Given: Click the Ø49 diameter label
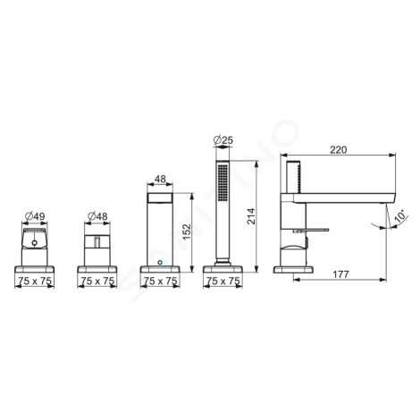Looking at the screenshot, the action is tap(35, 216).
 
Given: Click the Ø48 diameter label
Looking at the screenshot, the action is tap(97, 216).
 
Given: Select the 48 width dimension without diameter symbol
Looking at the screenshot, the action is tap(160, 179).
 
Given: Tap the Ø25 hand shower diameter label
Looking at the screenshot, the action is tap(223, 140).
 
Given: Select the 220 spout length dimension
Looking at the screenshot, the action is tap(339, 150).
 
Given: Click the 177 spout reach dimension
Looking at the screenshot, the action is tap(340, 274).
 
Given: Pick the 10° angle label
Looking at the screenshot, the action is tap(400, 216).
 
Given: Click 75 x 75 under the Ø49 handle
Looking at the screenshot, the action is tap(35, 281).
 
